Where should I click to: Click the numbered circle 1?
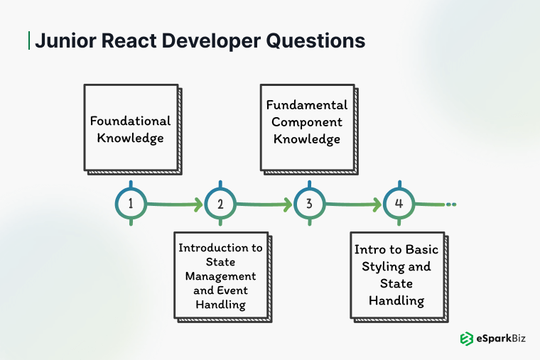pos(131,204)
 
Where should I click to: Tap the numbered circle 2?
pos(220,204)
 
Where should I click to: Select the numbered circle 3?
pos(309,204)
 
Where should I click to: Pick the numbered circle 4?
pos(399,204)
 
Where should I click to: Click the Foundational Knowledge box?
pos(131,128)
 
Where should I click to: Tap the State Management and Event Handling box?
pos(220,276)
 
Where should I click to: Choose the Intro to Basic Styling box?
pos(396,276)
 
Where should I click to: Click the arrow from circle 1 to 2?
pos(175,205)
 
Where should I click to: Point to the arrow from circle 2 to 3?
pos(264,205)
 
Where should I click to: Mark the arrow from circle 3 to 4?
pos(354,205)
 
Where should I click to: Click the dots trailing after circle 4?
pos(450,204)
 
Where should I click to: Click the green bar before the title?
pos(28,40)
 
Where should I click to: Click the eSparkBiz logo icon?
pos(467,339)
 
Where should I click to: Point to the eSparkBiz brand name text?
pos(502,339)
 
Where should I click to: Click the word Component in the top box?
pos(308,121)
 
